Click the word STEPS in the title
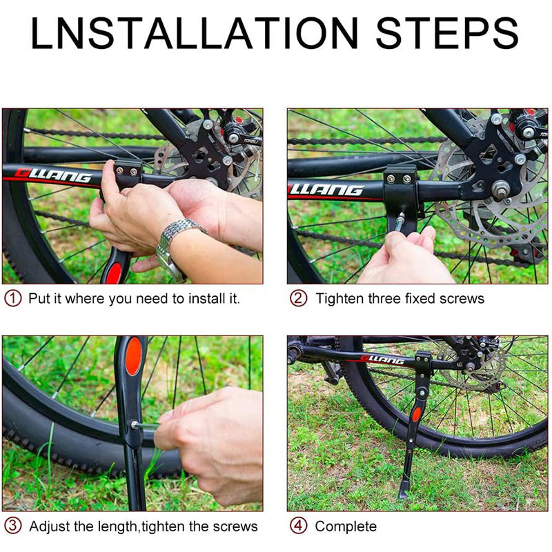pos(446,32)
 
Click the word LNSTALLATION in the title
pos(195,32)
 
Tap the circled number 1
pos(12,299)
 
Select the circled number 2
pos(299,299)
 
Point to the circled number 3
pos(12,526)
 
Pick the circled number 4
pos(299,526)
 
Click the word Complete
pos(346,526)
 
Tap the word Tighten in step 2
pos(339,299)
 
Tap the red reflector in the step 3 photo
pos(134,356)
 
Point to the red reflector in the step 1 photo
pos(115,273)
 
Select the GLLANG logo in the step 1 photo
pos(53,175)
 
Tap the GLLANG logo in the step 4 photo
pos(383,359)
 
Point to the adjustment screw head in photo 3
pos(135,424)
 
